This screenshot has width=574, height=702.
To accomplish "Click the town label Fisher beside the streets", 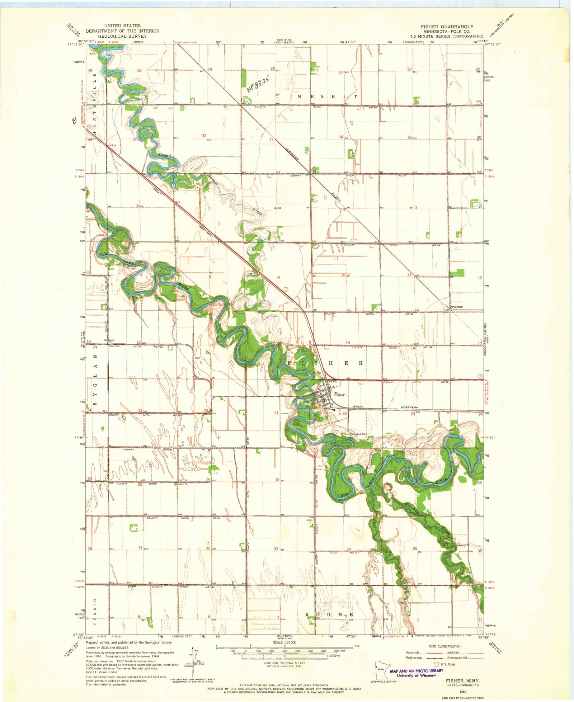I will tap(339, 395).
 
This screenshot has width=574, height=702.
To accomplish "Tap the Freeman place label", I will tap(456, 307).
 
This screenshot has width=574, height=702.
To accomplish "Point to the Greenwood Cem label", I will tap(358, 434).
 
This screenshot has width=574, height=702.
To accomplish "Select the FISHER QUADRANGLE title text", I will tap(447, 27).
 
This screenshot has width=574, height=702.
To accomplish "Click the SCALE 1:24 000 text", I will tap(285, 642).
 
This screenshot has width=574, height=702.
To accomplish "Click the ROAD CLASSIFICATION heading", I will tap(444, 646).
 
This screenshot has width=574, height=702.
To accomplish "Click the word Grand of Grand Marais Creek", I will tap(165, 155).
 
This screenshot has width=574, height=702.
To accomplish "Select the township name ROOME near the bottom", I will tap(329, 614).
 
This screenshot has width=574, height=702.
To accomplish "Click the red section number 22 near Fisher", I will tap(345, 414).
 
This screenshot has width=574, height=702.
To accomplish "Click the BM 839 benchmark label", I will tap(112, 145).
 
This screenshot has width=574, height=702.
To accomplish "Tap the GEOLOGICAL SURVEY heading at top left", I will tap(122, 36).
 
